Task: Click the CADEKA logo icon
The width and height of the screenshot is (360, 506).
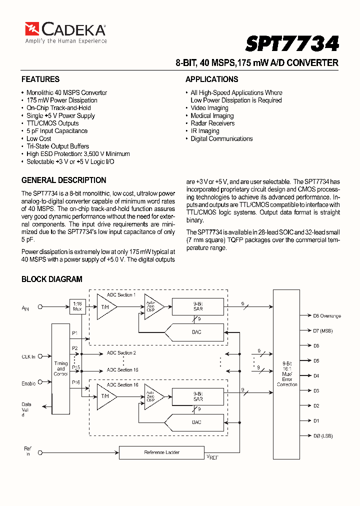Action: point(32,29)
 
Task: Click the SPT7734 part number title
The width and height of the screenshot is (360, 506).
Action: point(292,43)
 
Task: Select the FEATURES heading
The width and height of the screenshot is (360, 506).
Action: point(40,79)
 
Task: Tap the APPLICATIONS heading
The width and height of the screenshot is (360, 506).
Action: point(211,79)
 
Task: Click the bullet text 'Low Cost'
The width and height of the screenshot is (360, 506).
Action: point(39,138)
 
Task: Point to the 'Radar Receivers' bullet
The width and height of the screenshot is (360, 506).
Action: point(212,123)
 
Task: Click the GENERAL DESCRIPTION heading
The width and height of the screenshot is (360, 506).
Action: point(64,180)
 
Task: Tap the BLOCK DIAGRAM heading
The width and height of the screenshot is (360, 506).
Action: point(52,279)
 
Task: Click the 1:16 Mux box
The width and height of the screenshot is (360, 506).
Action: point(77,306)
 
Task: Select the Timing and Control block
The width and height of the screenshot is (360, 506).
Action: point(60,368)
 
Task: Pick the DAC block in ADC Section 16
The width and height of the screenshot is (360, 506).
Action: point(196,422)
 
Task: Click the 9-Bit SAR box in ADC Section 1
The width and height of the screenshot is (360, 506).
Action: point(197,306)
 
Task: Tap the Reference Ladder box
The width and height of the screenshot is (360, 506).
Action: point(161,452)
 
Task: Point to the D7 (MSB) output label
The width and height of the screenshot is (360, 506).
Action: point(323,330)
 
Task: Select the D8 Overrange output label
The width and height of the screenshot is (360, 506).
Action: point(327,315)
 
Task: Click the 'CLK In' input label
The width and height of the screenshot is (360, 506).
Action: point(28,356)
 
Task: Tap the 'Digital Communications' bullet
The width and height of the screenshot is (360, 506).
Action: point(221,138)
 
